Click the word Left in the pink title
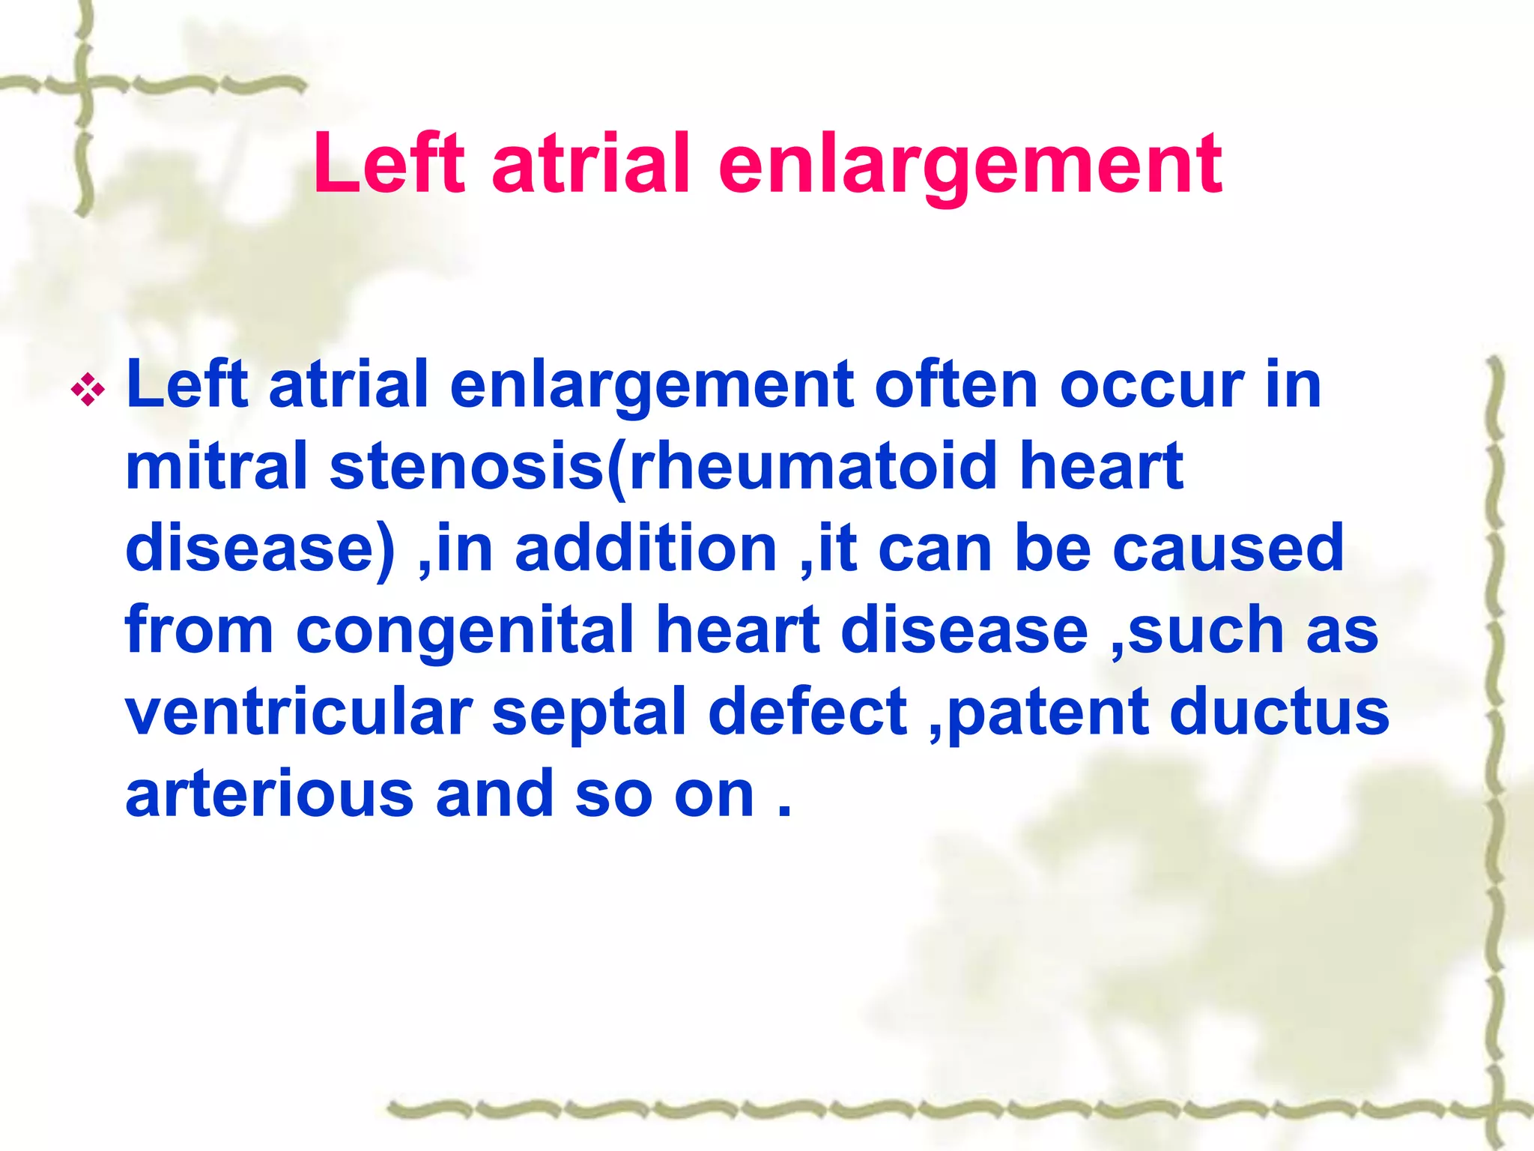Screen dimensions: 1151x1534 point(389,163)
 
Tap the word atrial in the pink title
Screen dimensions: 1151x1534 point(590,163)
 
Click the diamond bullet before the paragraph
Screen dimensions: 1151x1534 point(88,390)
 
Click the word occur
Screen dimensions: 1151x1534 point(1151,385)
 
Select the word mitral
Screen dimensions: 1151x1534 point(216,466)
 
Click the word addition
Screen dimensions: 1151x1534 point(646,548)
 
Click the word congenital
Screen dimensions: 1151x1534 point(464,632)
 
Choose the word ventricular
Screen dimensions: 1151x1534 point(298,712)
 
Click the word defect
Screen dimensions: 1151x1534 point(807,712)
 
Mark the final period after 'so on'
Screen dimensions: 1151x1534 point(784,812)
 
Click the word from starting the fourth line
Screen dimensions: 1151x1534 point(199,630)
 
